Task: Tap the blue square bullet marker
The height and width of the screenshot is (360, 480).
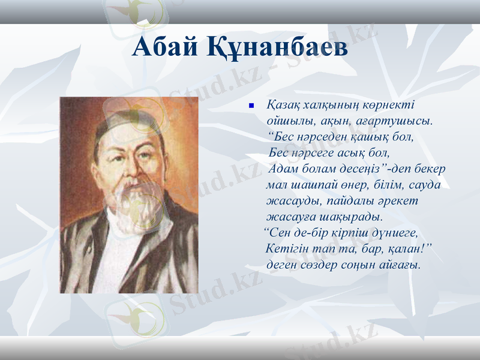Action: coord(252,106)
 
